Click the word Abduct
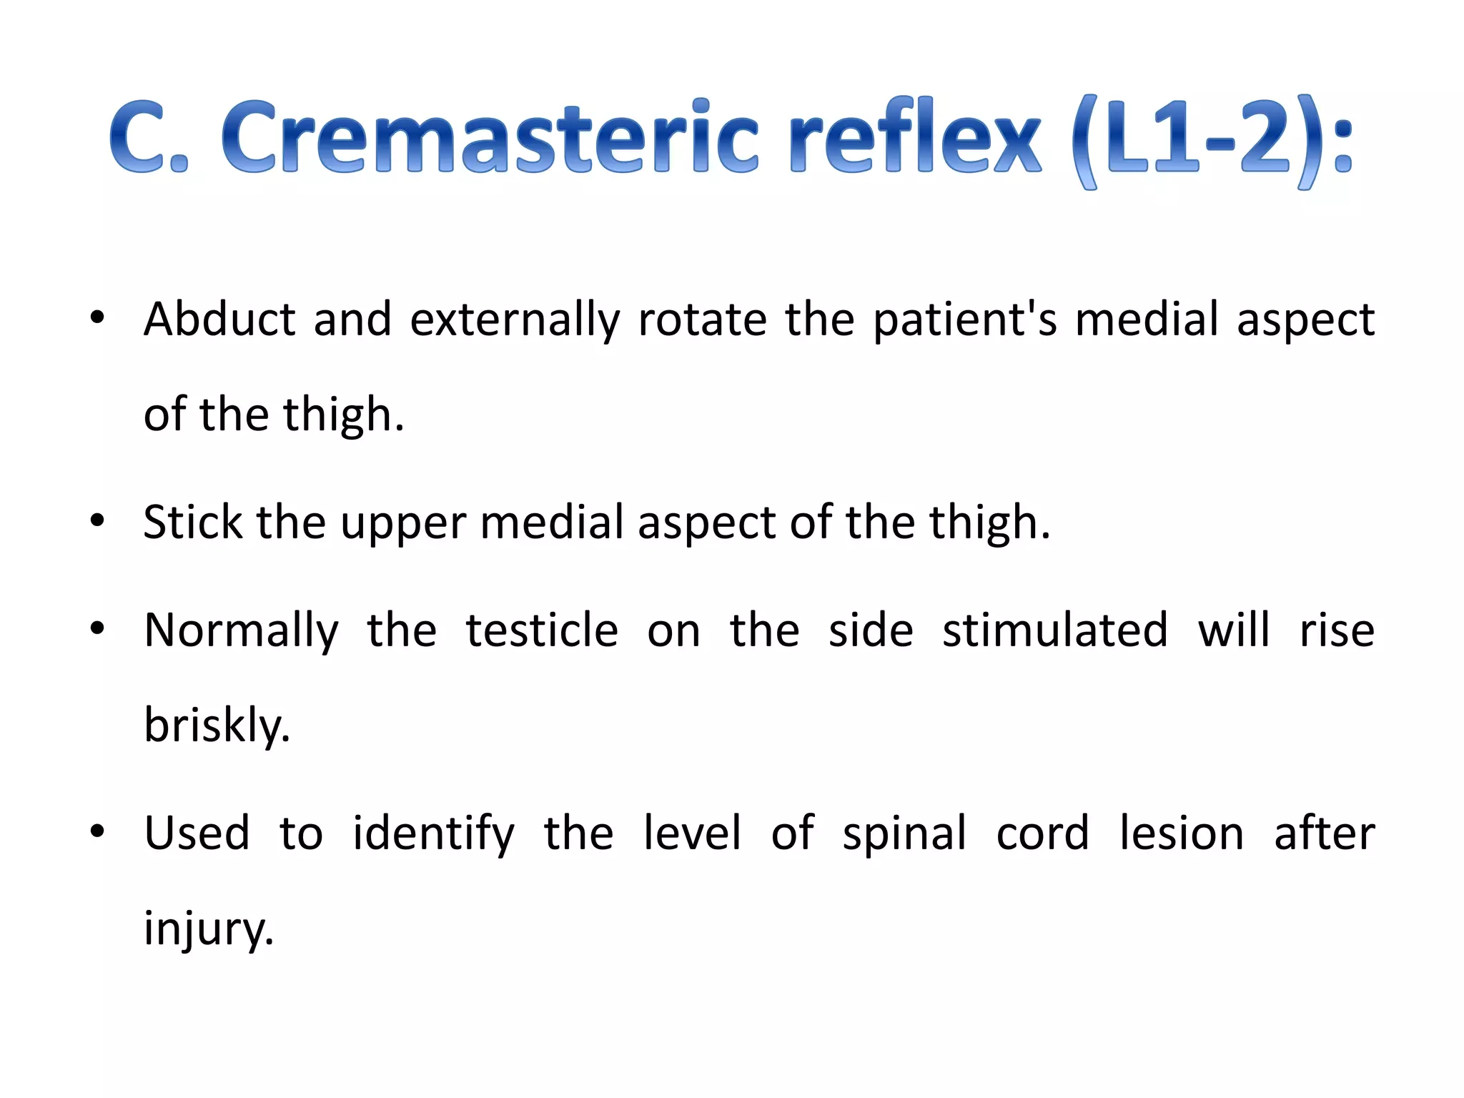click(x=219, y=319)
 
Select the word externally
click(x=515, y=320)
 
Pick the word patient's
click(x=964, y=320)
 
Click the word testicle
click(x=541, y=630)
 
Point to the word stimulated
click(x=1054, y=630)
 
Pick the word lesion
click(x=1181, y=834)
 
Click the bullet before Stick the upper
click(x=97, y=521)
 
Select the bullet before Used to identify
click(x=97, y=832)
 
